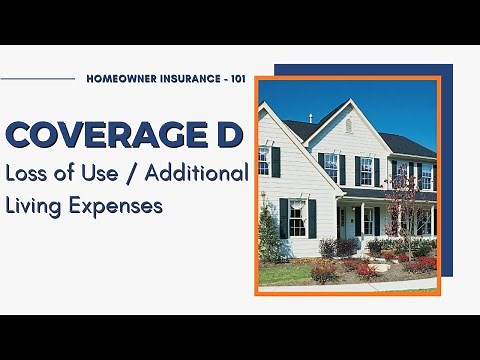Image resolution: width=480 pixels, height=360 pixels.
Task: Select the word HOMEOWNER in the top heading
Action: (126, 77)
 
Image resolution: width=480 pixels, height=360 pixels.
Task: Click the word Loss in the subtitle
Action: (25, 173)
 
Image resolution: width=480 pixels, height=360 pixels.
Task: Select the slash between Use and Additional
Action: (131, 173)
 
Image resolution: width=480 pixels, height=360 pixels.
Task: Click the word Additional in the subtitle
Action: (196, 173)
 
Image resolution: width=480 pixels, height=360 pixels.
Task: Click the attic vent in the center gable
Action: (348, 125)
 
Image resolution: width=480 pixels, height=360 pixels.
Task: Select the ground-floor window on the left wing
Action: (297, 217)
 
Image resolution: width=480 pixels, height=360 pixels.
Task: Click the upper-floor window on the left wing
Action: (265, 160)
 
